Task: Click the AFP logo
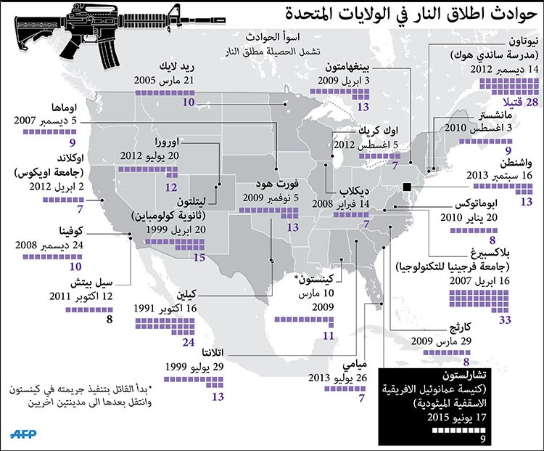pyautogui.click(x=23, y=434)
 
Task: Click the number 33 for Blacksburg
pyautogui.click(x=505, y=320)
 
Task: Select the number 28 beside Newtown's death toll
pyautogui.click(x=532, y=102)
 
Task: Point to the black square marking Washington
pyautogui.click(x=407, y=187)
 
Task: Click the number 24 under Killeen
pyautogui.click(x=189, y=342)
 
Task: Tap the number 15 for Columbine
pyautogui.click(x=199, y=258)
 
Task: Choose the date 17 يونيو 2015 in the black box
pyautogui.click(x=456, y=417)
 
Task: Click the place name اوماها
pyautogui.click(x=64, y=107)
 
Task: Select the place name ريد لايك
pyautogui.click(x=176, y=67)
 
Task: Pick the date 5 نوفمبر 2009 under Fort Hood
pyautogui.click(x=271, y=198)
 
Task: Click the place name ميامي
pyautogui.click(x=355, y=365)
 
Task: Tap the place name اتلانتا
pyautogui.click(x=213, y=353)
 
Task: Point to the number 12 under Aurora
pyautogui.click(x=171, y=187)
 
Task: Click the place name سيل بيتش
pyautogui.click(x=91, y=283)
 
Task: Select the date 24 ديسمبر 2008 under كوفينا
pyautogui.click(x=49, y=245)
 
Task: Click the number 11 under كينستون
pyautogui.click(x=328, y=336)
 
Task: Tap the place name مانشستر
pyautogui.click(x=495, y=115)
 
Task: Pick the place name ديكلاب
pyautogui.click(x=354, y=191)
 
